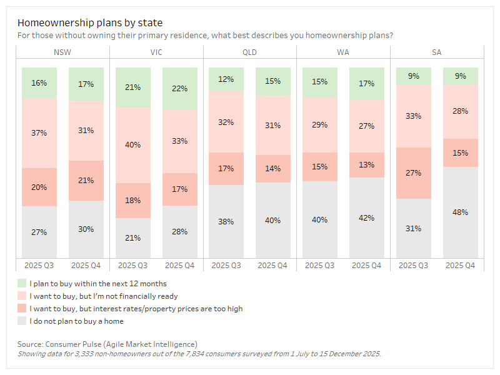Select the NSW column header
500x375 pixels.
(x=62, y=52)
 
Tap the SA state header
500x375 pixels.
(x=436, y=52)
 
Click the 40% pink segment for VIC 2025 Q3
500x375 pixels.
(x=132, y=145)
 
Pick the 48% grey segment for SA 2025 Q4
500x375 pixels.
(x=460, y=212)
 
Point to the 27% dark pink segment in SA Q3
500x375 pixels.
(x=413, y=173)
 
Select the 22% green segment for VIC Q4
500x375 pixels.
(x=179, y=89)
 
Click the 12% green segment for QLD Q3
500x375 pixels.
(x=226, y=79)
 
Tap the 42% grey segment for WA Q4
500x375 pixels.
(x=366, y=217)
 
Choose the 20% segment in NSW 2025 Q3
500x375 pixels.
(x=39, y=187)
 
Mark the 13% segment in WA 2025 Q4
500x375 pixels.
(x=366, y=165)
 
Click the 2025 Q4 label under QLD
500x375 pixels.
(x=272, y=266)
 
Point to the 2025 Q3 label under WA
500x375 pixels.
(x=320, y=266)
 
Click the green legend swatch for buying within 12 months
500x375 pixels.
(x=22, y=284)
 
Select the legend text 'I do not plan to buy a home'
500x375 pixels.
(x=76, y=321)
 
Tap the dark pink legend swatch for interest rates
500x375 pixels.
(x=22, y=309)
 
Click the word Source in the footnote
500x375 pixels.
(x=29, y=344)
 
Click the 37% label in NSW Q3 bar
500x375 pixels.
(x=39, y=132)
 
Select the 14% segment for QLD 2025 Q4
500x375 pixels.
(x=272, y=168)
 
